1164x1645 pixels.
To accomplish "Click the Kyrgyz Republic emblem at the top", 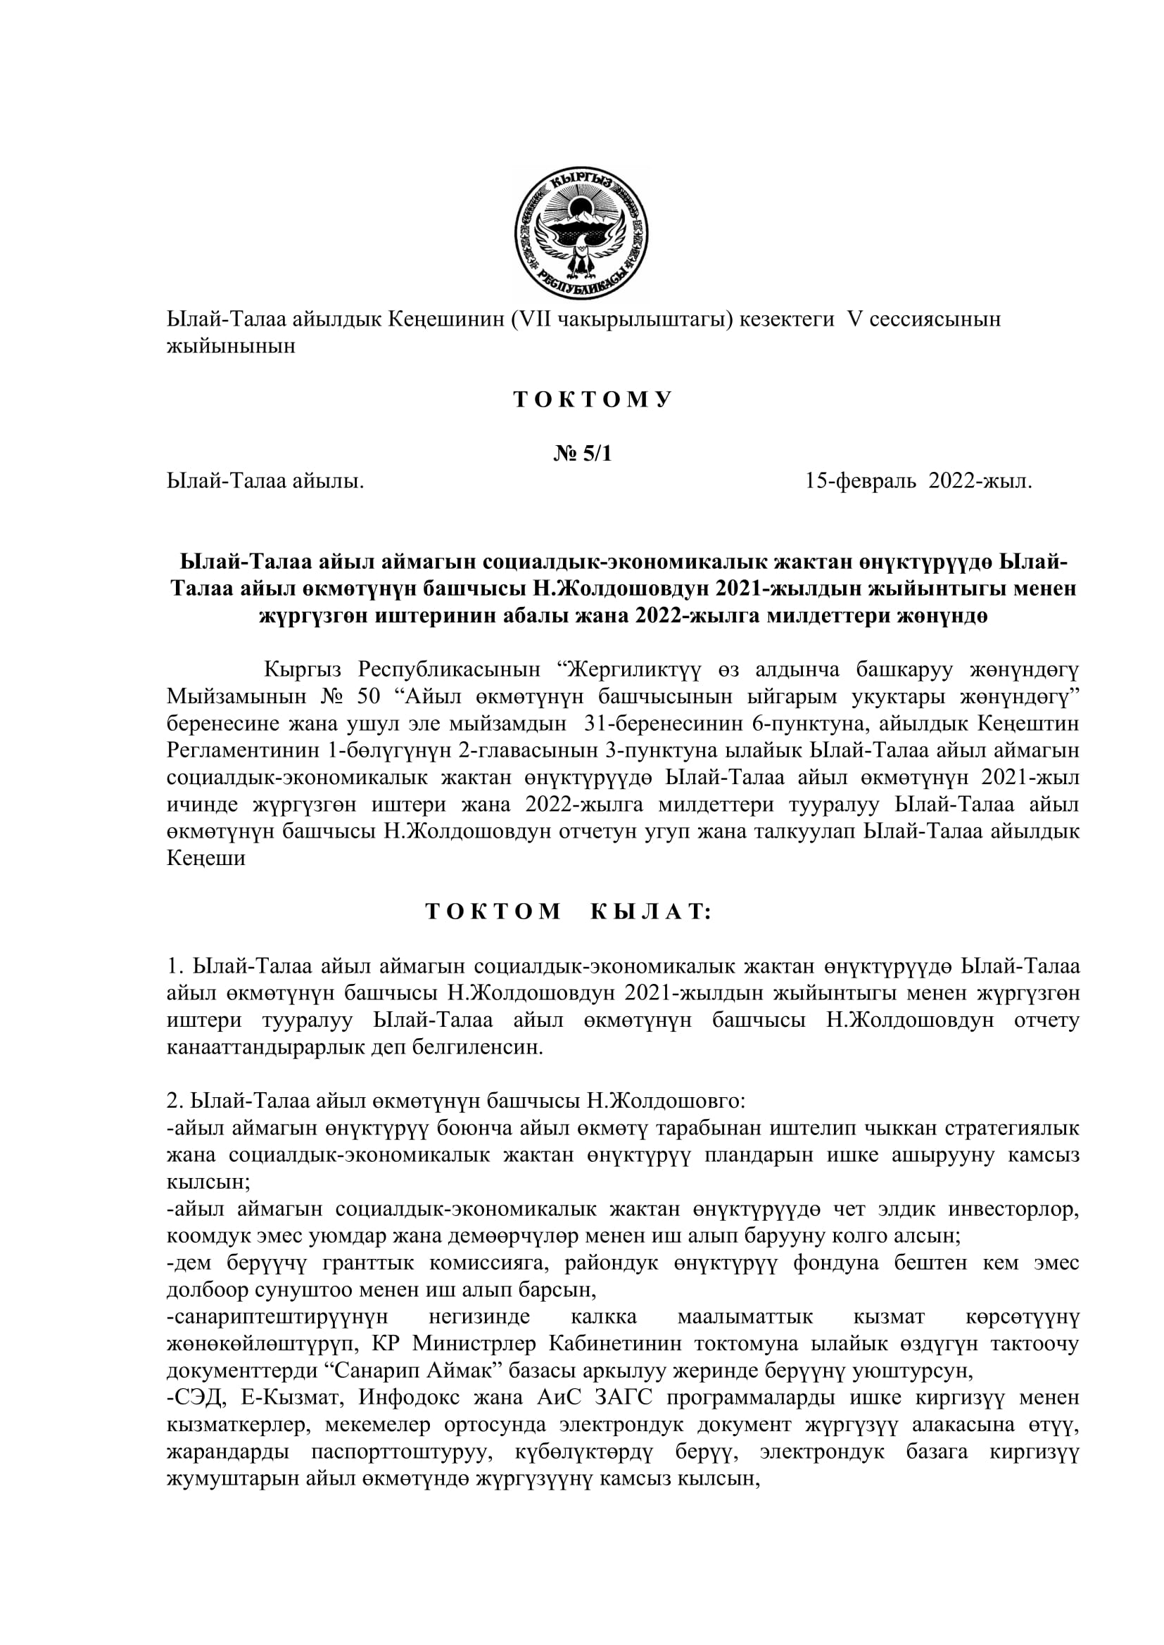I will pos(581,232).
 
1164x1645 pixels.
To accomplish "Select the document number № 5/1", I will pos(582,454).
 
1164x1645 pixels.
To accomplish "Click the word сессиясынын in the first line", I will pos(936,319).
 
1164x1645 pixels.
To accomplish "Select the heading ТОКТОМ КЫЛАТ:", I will pos(569,911).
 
